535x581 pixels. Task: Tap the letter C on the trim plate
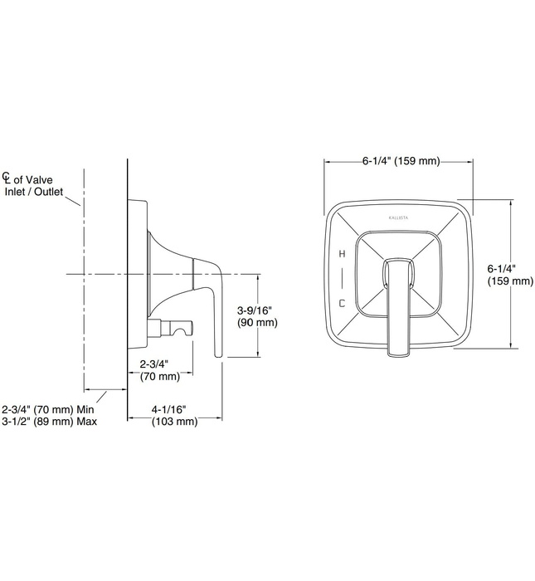pos(341,303)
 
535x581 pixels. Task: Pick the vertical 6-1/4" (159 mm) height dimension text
pos(509,275)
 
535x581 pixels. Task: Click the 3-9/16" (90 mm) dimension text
pos(257,315)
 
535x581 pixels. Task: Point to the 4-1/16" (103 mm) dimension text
pos(174,415)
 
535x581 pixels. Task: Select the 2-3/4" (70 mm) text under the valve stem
pos(158,370)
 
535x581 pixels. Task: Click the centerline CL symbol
pos(7,178)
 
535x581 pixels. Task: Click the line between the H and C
pos(341,277)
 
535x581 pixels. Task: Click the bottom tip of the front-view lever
pos(398,354)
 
